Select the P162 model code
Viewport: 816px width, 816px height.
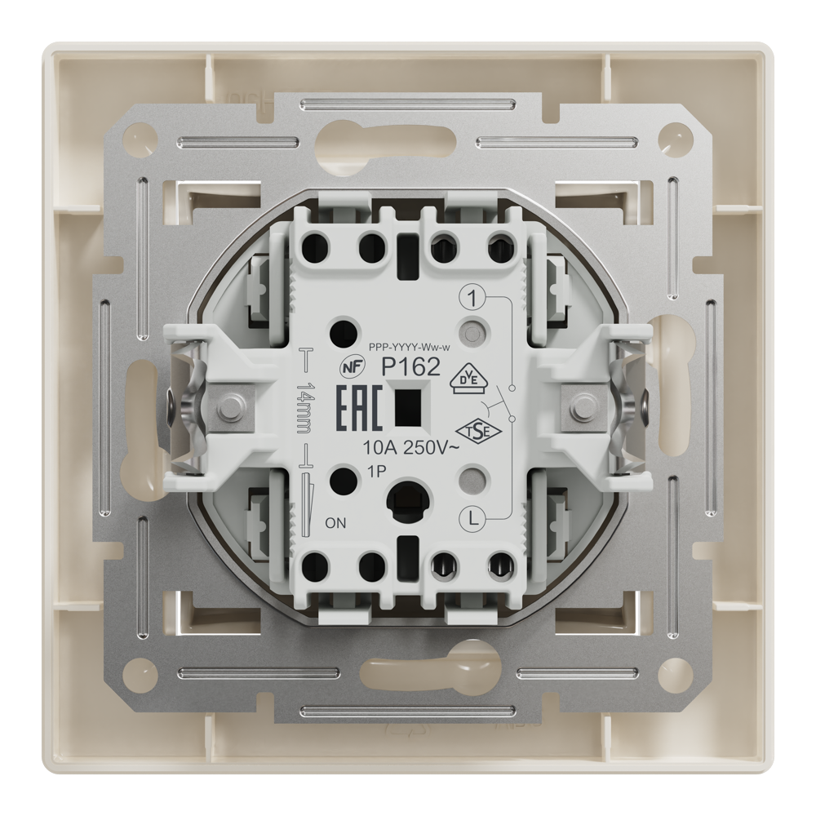(411, 368)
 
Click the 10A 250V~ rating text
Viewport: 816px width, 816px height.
(410, 447)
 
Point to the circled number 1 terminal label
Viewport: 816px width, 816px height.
(472, 299)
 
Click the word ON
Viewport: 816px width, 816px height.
(335, 523)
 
